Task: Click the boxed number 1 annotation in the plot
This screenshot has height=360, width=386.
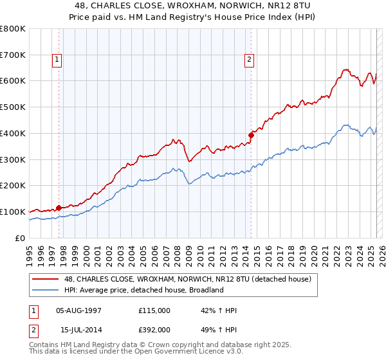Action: click(x=57, y=60)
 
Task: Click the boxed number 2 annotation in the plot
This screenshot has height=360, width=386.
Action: click(x=248, y=60)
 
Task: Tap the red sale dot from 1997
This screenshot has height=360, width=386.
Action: click(x=59, y=208)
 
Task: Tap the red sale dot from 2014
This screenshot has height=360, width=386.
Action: click(x=252, y=135)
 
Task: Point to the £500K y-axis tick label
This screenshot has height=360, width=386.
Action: click(x=13, y=107)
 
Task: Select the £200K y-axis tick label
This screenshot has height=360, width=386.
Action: click(x=13, y=186)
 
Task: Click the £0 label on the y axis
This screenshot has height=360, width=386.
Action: click(x=21, y=238)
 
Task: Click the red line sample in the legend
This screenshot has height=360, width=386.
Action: click(x=47, y=279)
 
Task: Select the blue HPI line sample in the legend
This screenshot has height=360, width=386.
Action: click(x=47, y=290)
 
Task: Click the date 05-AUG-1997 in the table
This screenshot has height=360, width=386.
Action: click(x=79, y=310)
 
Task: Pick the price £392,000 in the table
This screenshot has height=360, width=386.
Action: click(x=154, y=330)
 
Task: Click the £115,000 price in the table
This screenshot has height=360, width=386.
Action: click(x=154, y=310)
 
